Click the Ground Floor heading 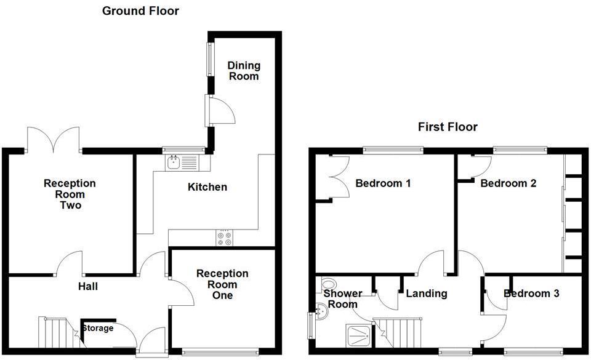coord(140,10)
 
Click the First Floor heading coord(448,127)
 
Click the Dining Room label coord(244,71)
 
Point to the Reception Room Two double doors coord(54,139)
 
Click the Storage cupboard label coord(98,328)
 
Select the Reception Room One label coord(222,284)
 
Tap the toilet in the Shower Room coord(329,285)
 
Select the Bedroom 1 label coord(383,183)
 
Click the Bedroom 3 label coord(531,294)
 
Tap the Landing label coord(426,294)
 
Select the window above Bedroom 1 coord(392,149)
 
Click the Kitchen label coord(207,187)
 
